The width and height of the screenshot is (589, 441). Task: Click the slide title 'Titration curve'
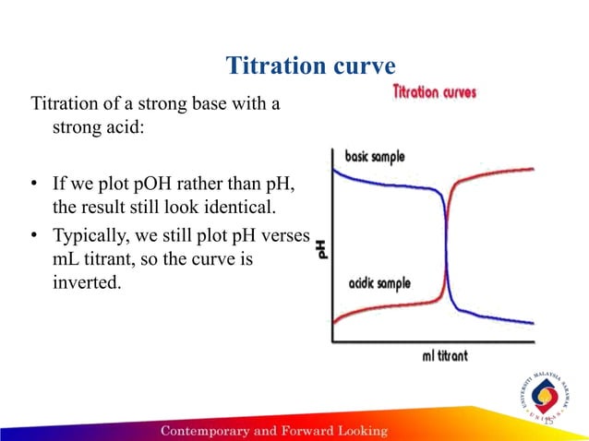[310, 67]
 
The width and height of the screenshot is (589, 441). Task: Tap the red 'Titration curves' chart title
[435, 93]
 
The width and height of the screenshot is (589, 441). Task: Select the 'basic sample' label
[374, 157]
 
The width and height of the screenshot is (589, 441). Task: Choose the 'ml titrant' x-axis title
[435, 355]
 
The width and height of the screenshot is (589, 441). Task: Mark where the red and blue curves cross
[448, 242]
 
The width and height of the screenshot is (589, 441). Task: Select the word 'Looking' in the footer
[359, 431]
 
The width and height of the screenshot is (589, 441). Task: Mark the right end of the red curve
[533, 169]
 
